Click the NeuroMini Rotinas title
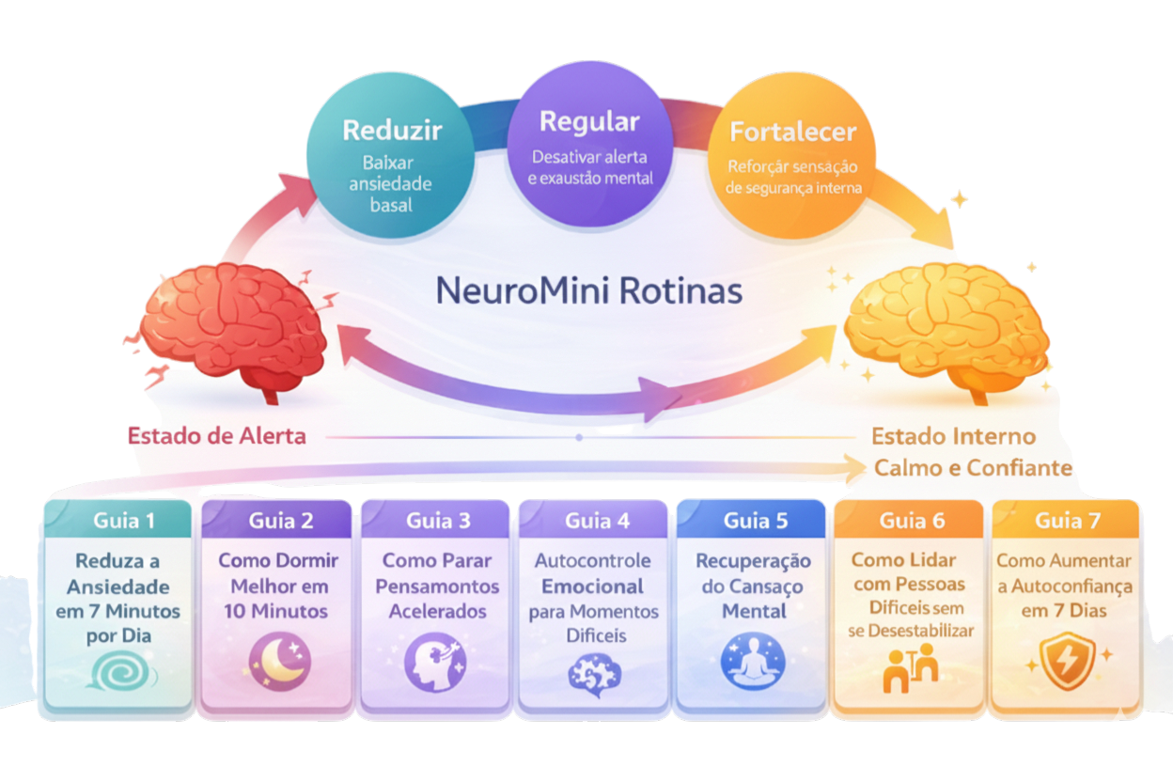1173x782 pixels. (x=589, y=291)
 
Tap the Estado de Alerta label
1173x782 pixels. (x=217, y=436)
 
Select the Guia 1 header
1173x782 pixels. (x=124, y=520)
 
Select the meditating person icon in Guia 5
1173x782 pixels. (x=752, y=662)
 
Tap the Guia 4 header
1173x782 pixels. (x=593, y=520)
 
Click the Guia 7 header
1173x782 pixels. (x=1066, y=520)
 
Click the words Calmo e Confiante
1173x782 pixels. (x=973, y=467)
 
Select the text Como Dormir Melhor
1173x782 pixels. (x=278, y=572)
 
